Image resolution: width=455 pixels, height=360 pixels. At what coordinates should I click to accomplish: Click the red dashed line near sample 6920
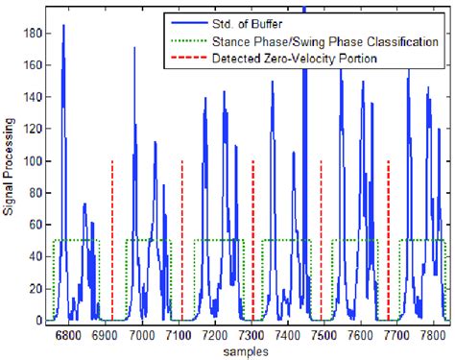(x=112, y=240)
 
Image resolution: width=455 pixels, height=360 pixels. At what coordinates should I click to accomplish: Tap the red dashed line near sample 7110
(x=182, y=240)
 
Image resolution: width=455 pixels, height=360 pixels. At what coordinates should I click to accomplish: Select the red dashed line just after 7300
(x=252, y=240)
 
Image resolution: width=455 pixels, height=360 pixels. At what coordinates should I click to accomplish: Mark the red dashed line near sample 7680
(x=389, y=240)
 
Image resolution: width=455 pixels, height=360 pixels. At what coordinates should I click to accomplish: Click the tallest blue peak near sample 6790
(x=63, y=27)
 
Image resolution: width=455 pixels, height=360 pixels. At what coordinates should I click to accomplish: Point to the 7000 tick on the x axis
(x=142, y=335)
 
